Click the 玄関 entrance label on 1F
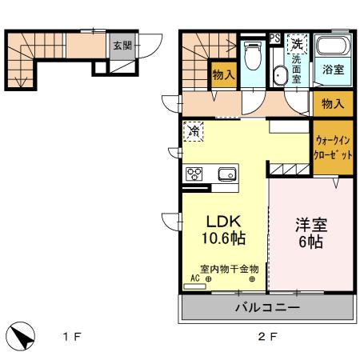tap(121, 45)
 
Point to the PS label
tap(274, 38)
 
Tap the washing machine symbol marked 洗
tap(297, 43)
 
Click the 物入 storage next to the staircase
tap(223, 75)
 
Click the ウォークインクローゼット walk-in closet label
tap(333, 149)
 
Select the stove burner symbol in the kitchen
tap(194, 174)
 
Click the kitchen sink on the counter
tap(226, 174)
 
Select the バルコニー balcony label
tap(267, 307)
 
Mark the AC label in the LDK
tap(192, 279)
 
